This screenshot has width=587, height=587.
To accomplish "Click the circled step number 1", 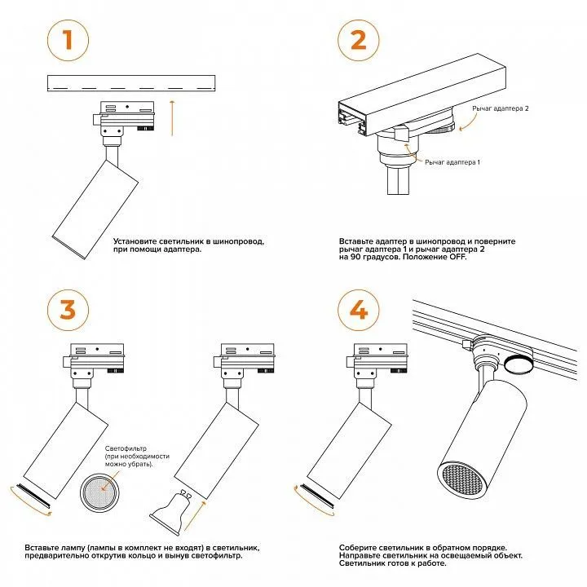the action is click(68, 41).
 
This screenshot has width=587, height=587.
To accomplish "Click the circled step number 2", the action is click(358, 41).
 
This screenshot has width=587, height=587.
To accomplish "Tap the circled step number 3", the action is click(68, 310).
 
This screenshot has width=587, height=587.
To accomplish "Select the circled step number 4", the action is click(358, 310).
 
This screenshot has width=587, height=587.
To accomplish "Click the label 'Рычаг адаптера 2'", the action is click(500, 108).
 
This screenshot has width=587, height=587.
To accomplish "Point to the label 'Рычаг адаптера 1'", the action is click(452, 162).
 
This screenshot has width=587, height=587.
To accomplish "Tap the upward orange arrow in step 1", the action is click(172, 117).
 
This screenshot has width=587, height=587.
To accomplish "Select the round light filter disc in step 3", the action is click(100, 492).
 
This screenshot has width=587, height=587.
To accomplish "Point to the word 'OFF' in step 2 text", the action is click(457, 257).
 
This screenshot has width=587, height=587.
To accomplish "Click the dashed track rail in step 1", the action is click(131, 83).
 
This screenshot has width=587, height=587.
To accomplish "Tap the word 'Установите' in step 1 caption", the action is click(134, 241).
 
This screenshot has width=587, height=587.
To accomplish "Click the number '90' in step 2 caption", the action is click(355, 257).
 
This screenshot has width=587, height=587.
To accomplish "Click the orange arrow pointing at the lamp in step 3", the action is click(195, 515).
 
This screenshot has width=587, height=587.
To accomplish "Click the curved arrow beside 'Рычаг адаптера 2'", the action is click(469, 121).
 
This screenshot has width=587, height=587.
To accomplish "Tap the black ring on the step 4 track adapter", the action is click(518, 364).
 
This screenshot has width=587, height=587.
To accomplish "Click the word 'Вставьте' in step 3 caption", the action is click(41, 548).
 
